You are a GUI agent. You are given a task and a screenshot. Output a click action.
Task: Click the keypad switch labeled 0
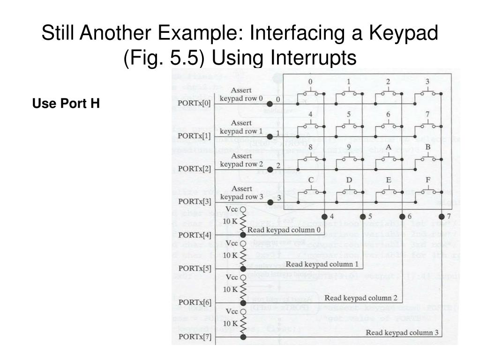click(x=309, y=93)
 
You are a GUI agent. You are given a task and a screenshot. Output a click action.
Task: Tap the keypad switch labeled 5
click(x=349, y=125)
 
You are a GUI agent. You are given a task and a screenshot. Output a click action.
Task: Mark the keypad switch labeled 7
click(x=427, y=125)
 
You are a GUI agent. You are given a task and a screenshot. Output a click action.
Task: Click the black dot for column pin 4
click(x=324, y=216)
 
